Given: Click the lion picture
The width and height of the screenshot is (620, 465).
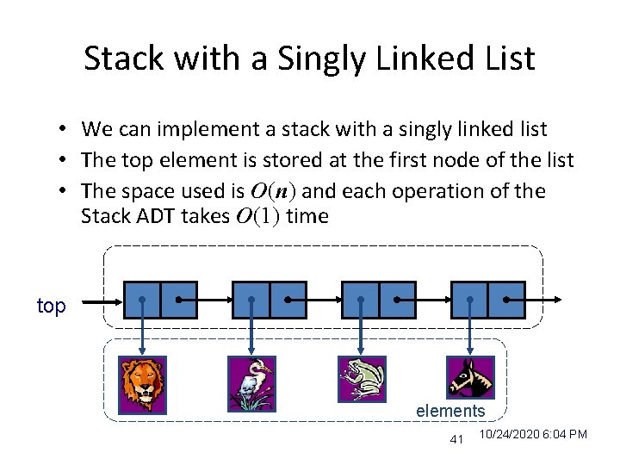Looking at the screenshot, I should pos(143,385).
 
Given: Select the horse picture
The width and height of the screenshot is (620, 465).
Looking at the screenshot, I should pos(471,376).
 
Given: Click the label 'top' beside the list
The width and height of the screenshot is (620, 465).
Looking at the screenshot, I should pos(52,306).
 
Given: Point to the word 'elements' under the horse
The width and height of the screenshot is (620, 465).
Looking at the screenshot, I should pos(450,411).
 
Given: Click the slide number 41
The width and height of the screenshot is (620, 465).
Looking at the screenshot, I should pos(456,441).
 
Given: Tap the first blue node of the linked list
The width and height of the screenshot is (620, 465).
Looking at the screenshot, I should pos(160,300).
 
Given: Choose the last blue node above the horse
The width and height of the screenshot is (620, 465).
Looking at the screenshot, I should pos(487,300).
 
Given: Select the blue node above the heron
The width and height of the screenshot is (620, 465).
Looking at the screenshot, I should pos(269,300).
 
